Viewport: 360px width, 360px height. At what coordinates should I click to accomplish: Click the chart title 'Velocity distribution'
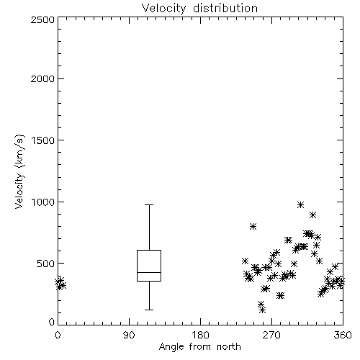[199, 8]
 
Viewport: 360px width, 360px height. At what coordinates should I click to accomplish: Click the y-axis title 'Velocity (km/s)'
[19, 171]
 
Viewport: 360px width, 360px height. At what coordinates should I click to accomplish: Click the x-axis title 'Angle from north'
[199, 347]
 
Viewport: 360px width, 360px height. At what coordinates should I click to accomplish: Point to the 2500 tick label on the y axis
[42, 19]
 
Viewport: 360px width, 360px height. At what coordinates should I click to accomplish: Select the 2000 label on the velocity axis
[42, 78]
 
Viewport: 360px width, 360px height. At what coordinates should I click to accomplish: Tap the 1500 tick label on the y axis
[42, 140]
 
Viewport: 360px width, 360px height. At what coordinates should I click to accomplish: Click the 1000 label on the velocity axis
[42, 202]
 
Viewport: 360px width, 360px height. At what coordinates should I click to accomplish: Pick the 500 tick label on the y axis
[45, 264]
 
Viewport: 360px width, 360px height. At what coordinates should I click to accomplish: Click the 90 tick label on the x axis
[129, 335]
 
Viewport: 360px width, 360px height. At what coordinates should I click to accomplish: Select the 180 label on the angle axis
[200, 335]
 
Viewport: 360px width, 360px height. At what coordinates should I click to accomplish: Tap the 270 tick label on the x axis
[271, 335]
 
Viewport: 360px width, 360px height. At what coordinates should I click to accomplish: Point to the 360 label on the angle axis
[343, 335]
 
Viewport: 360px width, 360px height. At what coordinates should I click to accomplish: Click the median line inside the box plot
[149, 272]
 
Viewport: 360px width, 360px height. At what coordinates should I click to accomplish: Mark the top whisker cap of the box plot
[149, 204]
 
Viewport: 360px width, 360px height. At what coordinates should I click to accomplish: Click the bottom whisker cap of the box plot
[149, 310]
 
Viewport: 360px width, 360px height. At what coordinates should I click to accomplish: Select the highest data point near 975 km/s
[300, 204]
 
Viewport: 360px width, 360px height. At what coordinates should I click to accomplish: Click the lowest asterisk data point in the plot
[263, 310]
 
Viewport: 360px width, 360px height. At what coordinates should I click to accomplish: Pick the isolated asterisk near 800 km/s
[253, 226]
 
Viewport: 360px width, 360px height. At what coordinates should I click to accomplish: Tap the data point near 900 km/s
[312, 215]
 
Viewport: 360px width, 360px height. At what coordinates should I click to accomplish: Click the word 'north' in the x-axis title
[229, 347]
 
